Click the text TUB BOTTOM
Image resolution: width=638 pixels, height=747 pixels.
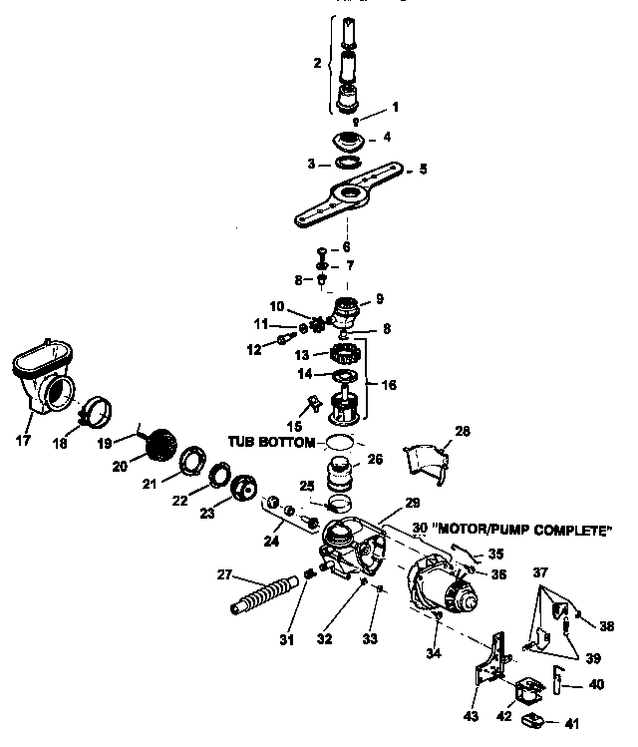tap(271, 441)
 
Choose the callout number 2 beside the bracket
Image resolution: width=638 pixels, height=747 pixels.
tap(317, 63)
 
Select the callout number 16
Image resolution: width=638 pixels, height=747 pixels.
tap(387, 382)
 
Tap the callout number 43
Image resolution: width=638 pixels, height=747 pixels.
tap(471, 717)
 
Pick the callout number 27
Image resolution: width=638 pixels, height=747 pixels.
tap(224, 572)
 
